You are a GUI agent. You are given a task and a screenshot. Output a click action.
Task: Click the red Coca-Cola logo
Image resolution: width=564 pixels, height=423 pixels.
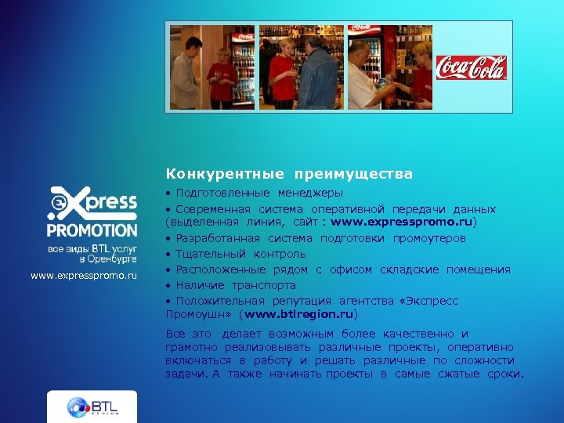471,67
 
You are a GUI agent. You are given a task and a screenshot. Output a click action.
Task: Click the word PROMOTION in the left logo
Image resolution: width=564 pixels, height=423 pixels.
92,230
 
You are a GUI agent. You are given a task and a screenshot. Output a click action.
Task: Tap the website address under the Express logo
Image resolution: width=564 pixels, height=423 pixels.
84,276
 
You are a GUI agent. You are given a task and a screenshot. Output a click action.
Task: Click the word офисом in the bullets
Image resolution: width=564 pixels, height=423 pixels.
351,269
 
